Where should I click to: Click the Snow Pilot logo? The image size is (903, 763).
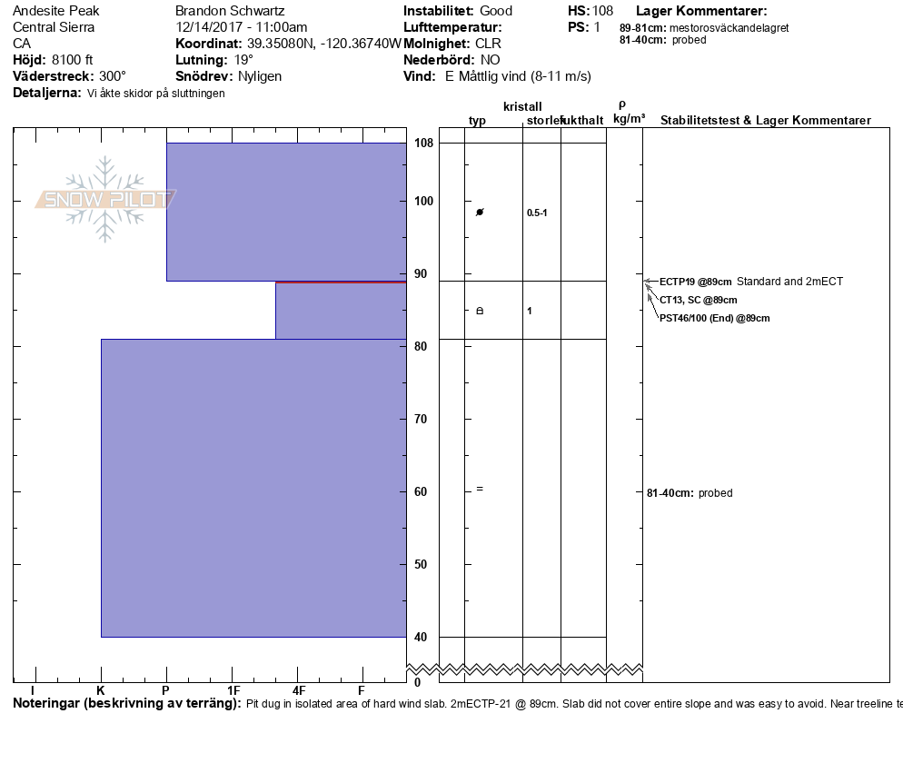click(x=105, y=199)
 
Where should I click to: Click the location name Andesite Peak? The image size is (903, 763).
click(x=56, y=11)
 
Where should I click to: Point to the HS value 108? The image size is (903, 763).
click(x=602, y=11)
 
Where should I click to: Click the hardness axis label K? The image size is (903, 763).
click(x=101, y=690)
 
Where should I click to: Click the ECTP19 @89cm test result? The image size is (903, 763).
click(x=695, y=282)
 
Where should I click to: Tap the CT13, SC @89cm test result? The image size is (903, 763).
click(x=698, y=300)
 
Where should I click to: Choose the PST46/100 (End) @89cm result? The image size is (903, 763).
click(x=714, y=318)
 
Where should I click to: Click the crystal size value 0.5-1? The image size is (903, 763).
click(x=537, y=213)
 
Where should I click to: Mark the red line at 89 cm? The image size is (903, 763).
click(x=341, y=282)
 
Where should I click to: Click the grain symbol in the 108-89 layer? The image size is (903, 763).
click(x=480, y=212)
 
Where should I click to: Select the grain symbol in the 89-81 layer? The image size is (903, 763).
click(x=480, y=311)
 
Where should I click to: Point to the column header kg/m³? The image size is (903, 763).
click(x=629, y=119)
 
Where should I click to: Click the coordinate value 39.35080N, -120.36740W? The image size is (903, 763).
click(x=323, y=44)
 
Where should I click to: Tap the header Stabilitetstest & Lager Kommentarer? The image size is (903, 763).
click(x=765, y=121)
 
